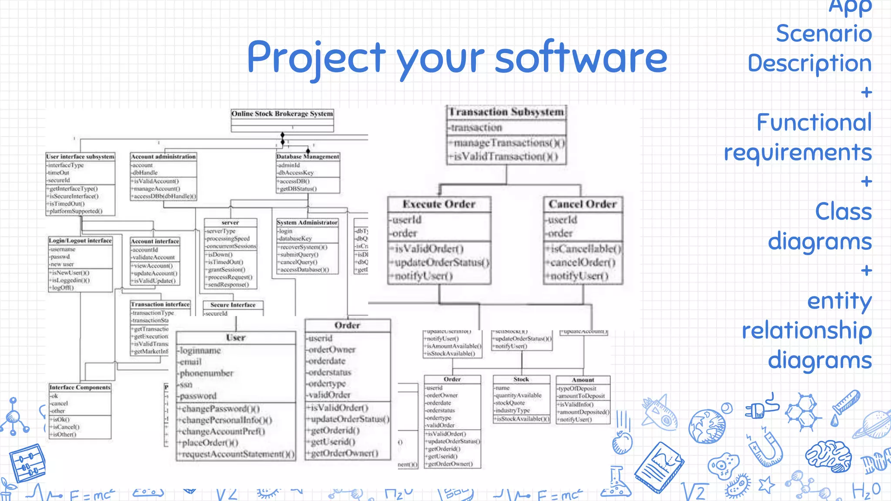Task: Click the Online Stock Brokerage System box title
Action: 282,114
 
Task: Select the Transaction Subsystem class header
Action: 506,112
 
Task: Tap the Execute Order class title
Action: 439,204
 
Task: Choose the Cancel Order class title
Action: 583,204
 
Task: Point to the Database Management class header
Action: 308,157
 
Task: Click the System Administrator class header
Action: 307,222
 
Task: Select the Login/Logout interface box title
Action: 80,240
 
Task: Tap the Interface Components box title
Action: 80,387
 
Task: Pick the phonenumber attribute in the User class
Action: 207,373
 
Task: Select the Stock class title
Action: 521,379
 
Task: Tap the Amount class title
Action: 583,380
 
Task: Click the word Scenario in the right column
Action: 824,34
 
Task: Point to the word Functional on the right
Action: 814,123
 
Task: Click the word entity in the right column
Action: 839,301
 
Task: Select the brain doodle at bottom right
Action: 828,455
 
